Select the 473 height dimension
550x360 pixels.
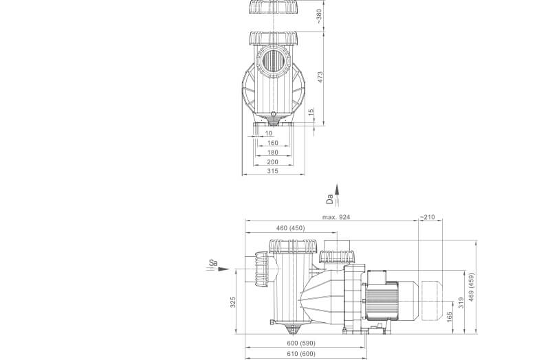[x=319, y=77]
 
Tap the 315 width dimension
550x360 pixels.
[x=272, y=171]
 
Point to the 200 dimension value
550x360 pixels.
[x=272, y=161]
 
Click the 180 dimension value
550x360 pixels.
[x=272, y=153]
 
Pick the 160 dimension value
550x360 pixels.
[x=272, y=143]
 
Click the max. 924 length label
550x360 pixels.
[x=336, y=217]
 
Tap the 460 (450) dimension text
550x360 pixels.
[x=290, y=228]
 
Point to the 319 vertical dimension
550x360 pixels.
[x=461, y=302]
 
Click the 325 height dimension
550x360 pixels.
[x=234, y=302]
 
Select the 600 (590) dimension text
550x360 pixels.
[x=302, y=344]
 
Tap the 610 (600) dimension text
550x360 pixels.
[x=302, y=353]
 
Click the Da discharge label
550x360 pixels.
[x=331, y=200]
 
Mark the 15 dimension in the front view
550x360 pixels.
[x=310, y=111]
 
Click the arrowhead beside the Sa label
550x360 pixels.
[x=223, y=269]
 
